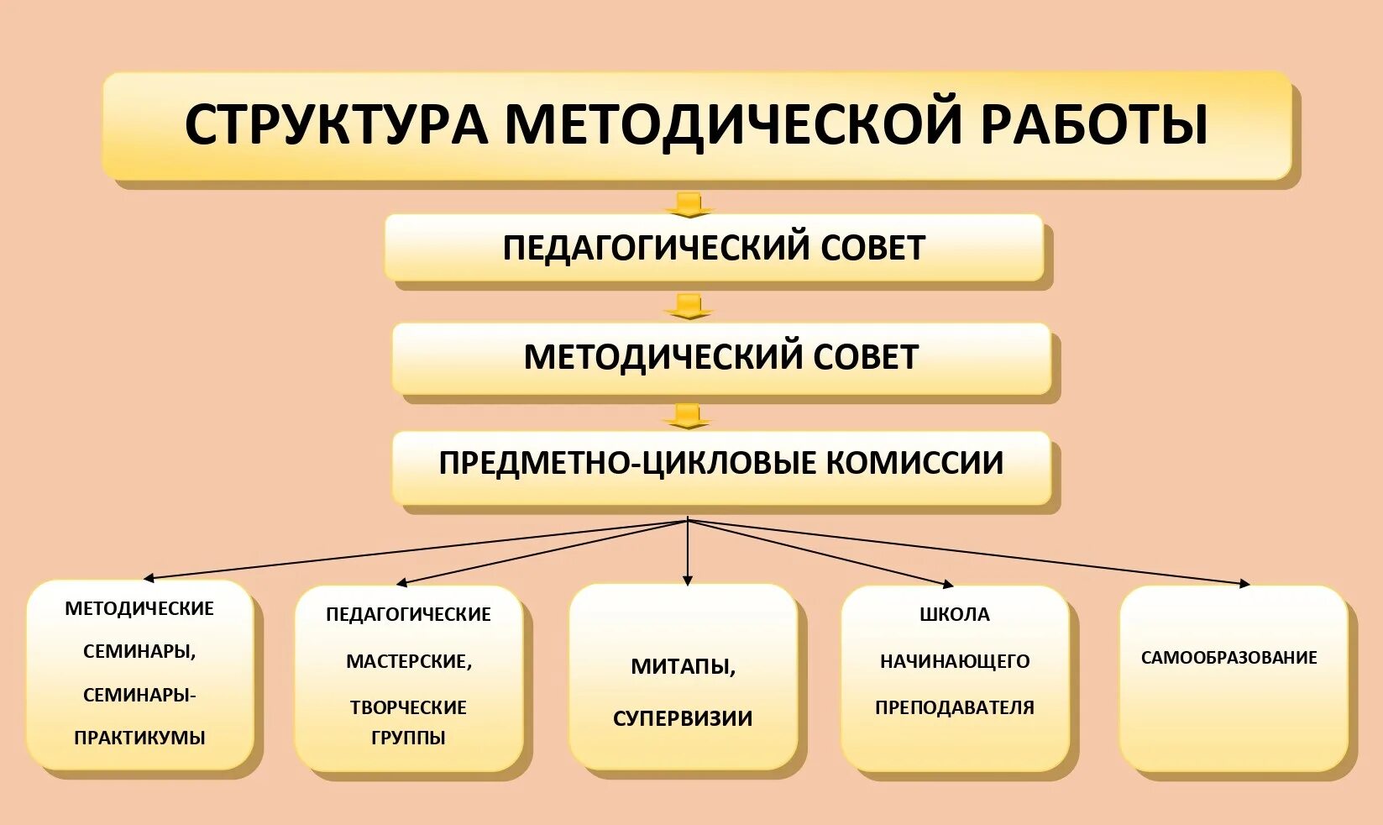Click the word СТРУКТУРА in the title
pos(336,125)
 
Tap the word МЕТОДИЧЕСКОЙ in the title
pos(731,125)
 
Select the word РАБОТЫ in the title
pos(1093,125)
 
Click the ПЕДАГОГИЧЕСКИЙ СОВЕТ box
pos(714,248)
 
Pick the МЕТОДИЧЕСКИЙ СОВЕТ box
pos(720,358)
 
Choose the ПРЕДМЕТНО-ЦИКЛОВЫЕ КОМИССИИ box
pos(720,464)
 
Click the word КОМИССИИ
pos(914,464)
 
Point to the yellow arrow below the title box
pos(689,204)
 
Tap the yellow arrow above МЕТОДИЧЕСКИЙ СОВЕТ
pos(689,307)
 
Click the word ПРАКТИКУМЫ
pos(139,738)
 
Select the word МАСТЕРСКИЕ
pos(408,662)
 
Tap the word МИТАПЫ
pos(683,667)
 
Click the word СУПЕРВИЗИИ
pos(683,719)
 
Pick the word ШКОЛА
pos(955,615)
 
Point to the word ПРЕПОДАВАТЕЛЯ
pos(955,708)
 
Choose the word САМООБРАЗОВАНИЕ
pos(1228,658)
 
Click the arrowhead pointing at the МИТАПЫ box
pos(688,580)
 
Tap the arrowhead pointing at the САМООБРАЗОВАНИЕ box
pos(1244,583)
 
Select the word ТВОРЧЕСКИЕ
pos(408,708)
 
